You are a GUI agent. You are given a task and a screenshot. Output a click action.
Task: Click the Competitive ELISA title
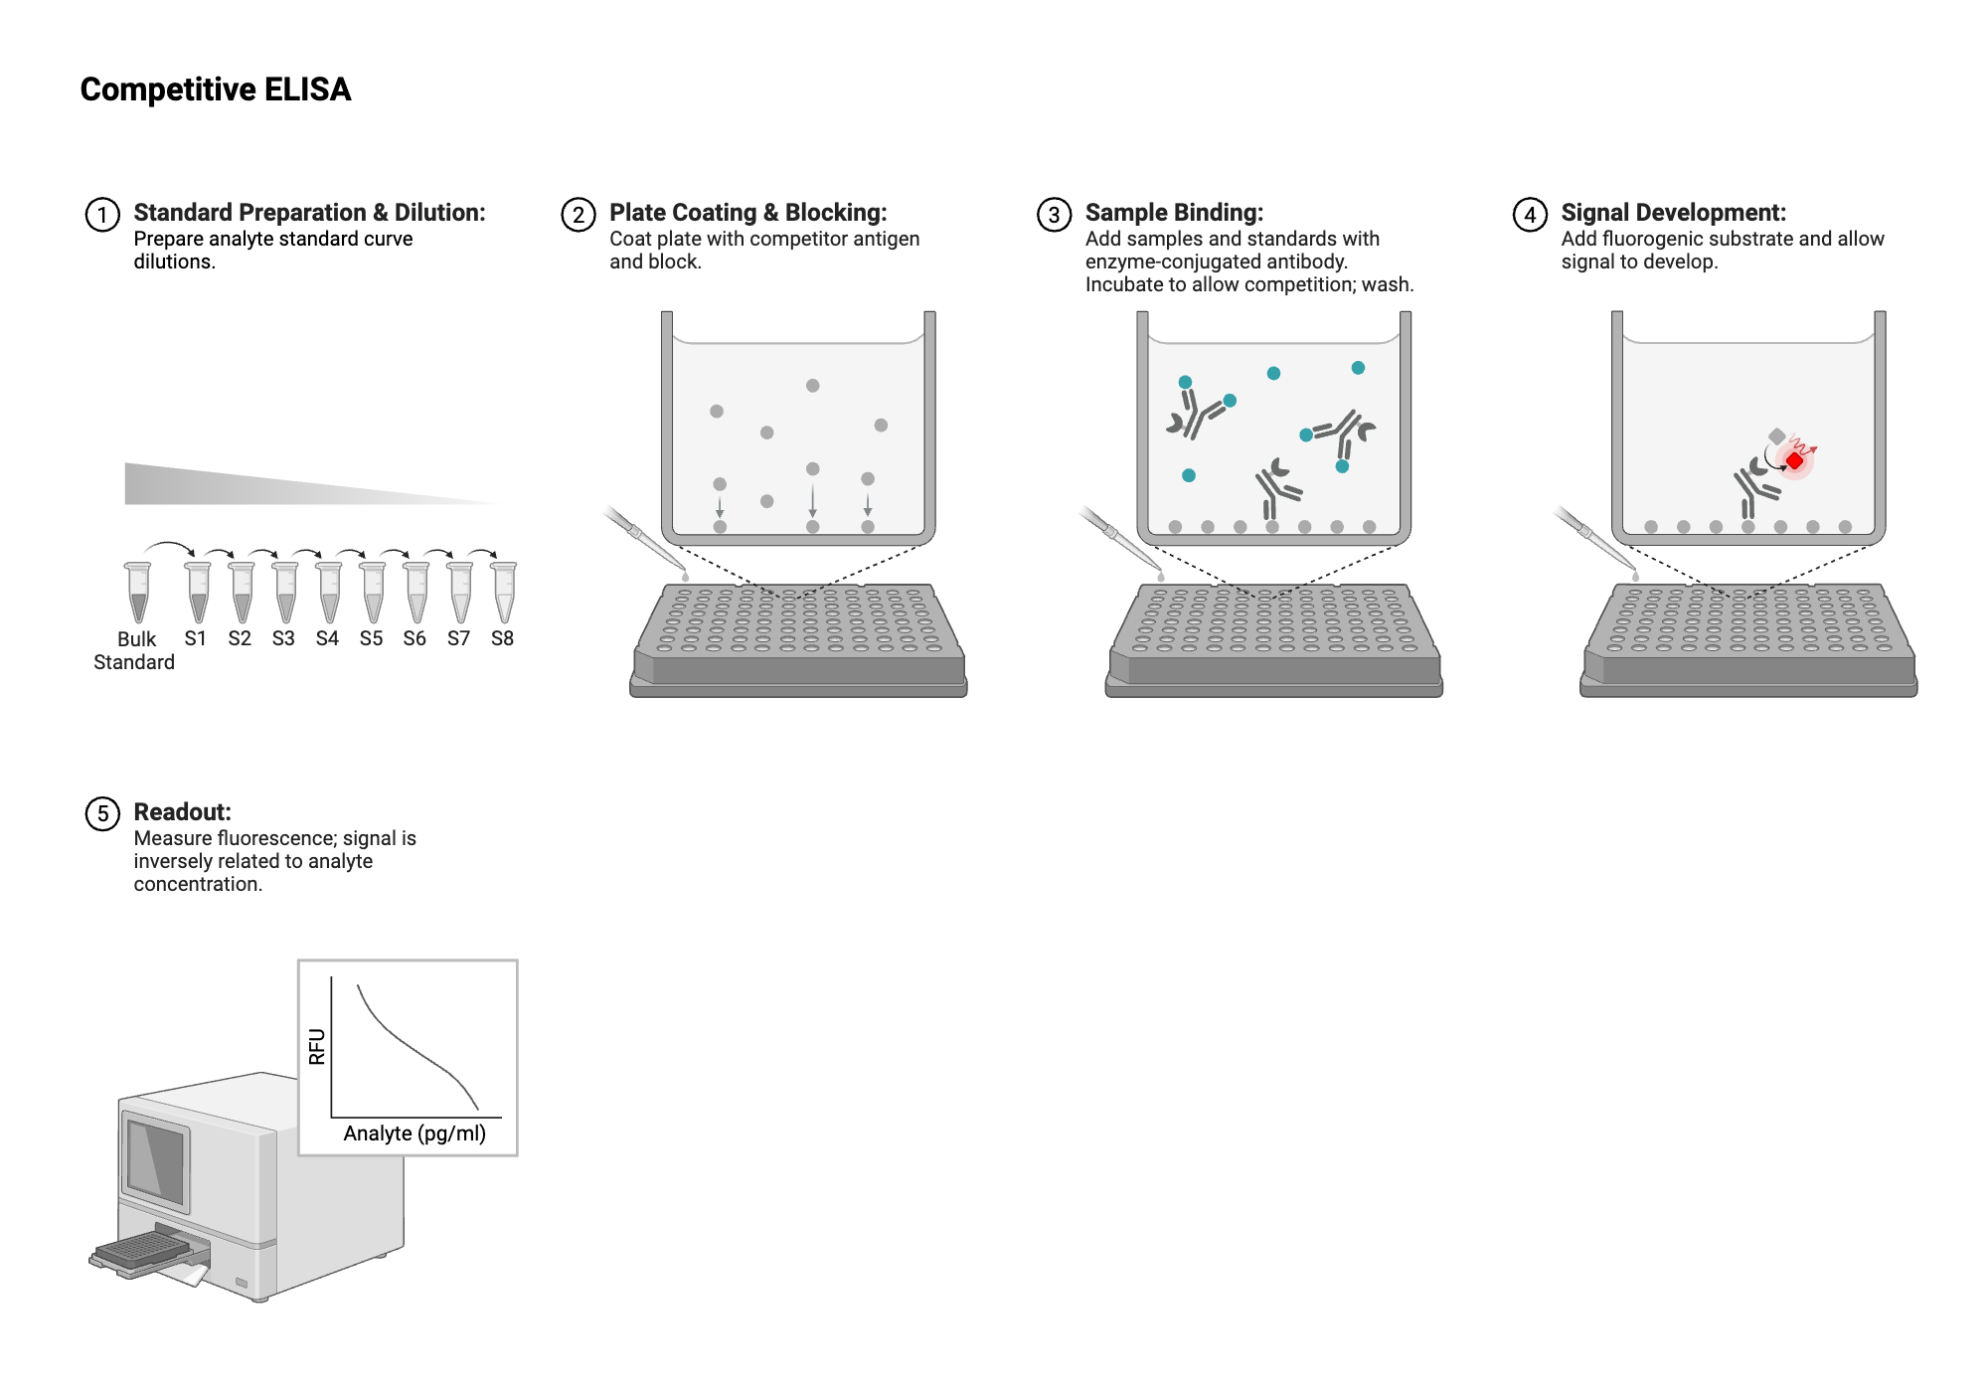(x=216, y=89)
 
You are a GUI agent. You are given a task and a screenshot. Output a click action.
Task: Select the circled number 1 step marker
(x=102, y=215)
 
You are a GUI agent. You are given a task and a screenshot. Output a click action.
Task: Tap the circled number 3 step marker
(x=1054, y=215)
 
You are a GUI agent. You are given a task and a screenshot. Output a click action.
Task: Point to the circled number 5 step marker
(x=102, y=813)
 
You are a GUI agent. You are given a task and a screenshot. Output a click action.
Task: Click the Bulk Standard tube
(x=138, y=592)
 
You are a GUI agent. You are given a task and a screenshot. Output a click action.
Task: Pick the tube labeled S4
(x=329, y=592)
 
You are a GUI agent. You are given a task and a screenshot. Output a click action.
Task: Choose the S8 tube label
(x=502, y=638)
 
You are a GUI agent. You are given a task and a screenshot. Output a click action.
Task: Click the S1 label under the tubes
(x=196, y=638)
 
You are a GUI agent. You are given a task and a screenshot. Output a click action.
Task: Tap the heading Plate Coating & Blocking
(x=747, y=213)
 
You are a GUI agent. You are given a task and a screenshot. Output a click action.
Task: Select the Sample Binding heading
(x=1174, y=213)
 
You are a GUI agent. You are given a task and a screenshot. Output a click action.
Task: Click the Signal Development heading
(x=1673, y=213)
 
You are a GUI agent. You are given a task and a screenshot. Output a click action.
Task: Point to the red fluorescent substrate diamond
(x=1795, y=460)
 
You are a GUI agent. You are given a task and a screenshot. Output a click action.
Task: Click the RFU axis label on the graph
(x=317, y=1046)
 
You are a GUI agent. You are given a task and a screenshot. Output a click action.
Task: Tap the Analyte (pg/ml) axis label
(x=414, y=1133)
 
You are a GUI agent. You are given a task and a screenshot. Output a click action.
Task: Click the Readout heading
(x=182, y=812)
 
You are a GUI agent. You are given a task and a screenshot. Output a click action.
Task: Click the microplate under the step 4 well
(x=1748, y=640)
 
